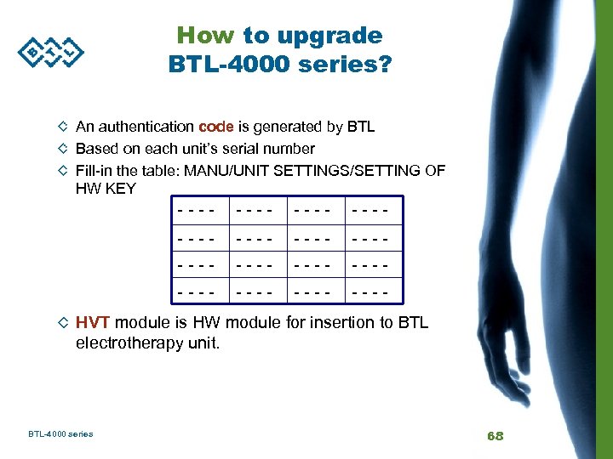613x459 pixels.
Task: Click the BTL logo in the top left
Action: [51, 52]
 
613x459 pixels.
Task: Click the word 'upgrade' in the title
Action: [330, 36]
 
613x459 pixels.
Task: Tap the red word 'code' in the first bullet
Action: [215, 127]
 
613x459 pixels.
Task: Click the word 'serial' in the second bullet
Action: [238, 149]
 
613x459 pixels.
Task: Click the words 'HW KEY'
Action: [106, 189]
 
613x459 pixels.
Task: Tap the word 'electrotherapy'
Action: [129, 343]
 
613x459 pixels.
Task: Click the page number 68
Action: [496, 435]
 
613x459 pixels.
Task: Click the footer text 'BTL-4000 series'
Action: [60, 434]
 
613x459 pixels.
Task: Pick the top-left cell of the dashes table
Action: [203, 207]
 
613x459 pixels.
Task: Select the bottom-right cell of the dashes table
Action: [370, 292]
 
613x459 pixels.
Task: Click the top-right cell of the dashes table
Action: [370, 207]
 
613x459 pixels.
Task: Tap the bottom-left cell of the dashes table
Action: [203, 292]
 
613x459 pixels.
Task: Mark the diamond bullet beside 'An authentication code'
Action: [62, 127]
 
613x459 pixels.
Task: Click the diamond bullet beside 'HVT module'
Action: [62, 323]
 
